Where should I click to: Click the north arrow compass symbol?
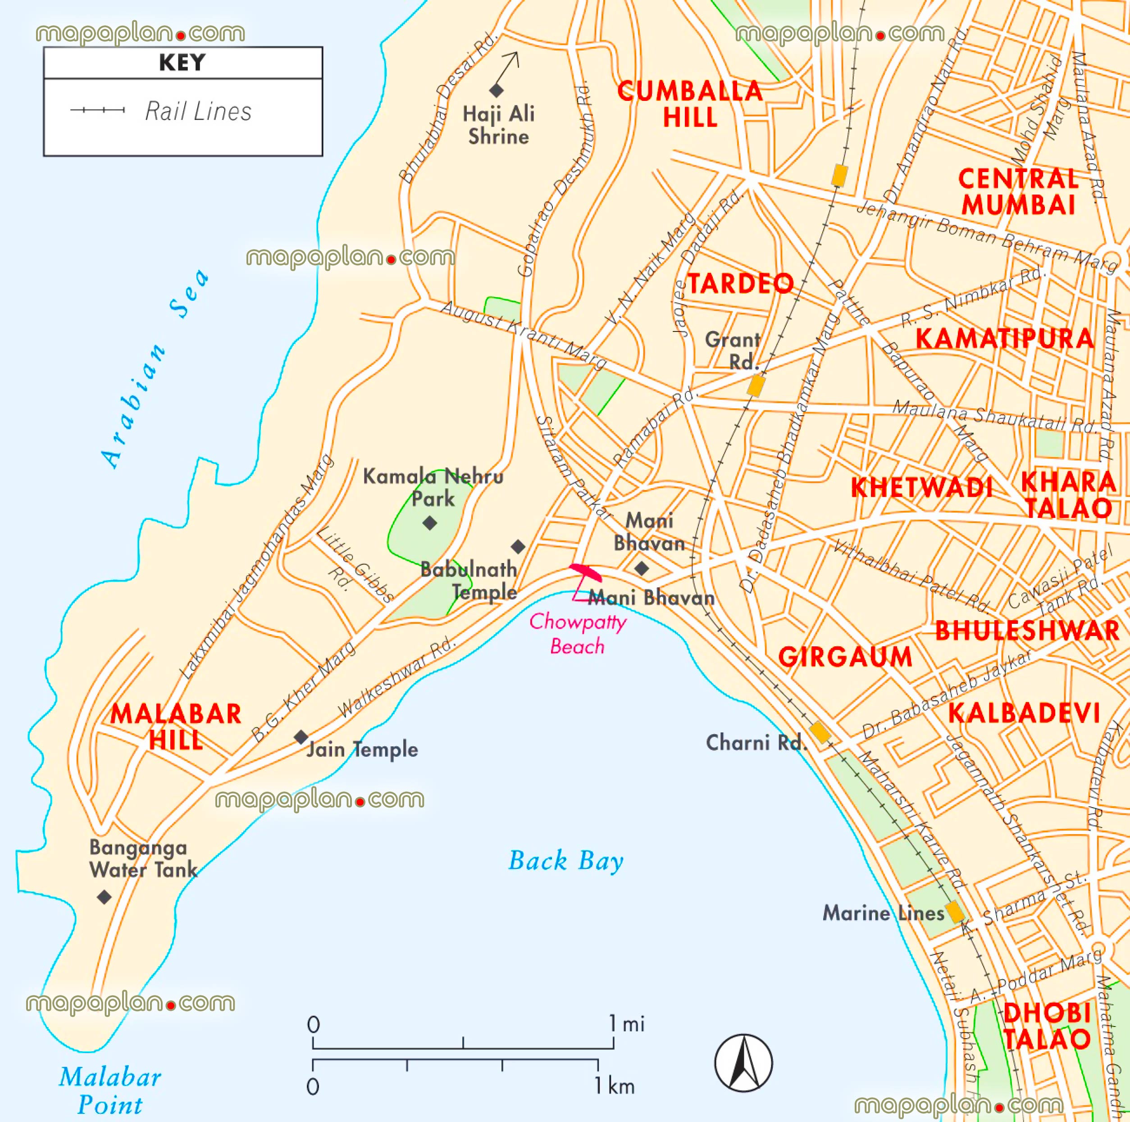743,1063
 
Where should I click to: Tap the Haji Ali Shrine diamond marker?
497,91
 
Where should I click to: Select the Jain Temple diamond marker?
301,737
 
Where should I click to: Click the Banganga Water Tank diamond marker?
104,897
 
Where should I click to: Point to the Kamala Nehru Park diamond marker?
430,522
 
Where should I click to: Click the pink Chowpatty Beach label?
577,634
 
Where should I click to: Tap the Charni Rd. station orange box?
820,732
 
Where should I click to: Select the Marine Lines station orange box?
955,912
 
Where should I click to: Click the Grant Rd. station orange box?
756,386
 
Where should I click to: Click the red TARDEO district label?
740,284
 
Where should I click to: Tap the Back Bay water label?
565,861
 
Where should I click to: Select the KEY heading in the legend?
182,63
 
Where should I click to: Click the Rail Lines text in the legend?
198,111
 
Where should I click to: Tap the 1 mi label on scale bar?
627,1024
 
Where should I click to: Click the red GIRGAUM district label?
845,657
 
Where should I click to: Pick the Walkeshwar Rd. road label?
396,678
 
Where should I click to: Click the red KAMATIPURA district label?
1004,339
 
